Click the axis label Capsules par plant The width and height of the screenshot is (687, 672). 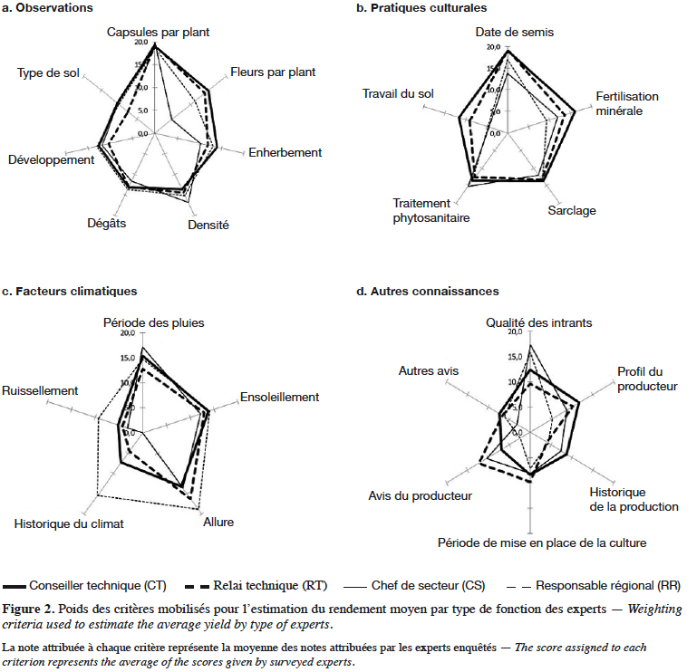tap(159, 33)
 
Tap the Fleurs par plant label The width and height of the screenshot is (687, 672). tap(273, 72)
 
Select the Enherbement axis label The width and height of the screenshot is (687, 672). tap(285, 152)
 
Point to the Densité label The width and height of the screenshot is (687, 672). tap(208, 225)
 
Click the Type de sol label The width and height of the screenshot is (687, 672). tap(48, 72)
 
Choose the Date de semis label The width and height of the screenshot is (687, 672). tap(515, 32)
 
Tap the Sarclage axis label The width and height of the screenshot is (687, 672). tap(572, 211)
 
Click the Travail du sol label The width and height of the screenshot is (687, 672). tap(398, 93)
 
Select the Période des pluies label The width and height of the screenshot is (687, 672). tap(154, 322)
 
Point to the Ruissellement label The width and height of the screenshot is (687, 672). tap(40, 390)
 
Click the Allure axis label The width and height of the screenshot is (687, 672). tap(218, 522)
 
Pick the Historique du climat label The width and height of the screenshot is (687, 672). tap(69, 524)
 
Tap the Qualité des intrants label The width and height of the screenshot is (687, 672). tap(539, 322)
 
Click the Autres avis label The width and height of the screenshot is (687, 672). tap(429, 370)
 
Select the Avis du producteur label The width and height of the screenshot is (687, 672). tap(421, 496)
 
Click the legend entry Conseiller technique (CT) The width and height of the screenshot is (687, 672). tap(84, 586)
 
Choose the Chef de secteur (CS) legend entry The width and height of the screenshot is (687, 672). tap(414, 586)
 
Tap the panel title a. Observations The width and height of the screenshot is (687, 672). tap(47, 8)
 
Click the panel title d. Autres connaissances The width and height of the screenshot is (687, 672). tap(428, 291)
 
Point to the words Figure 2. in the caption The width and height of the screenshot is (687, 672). tap(28, 609)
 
